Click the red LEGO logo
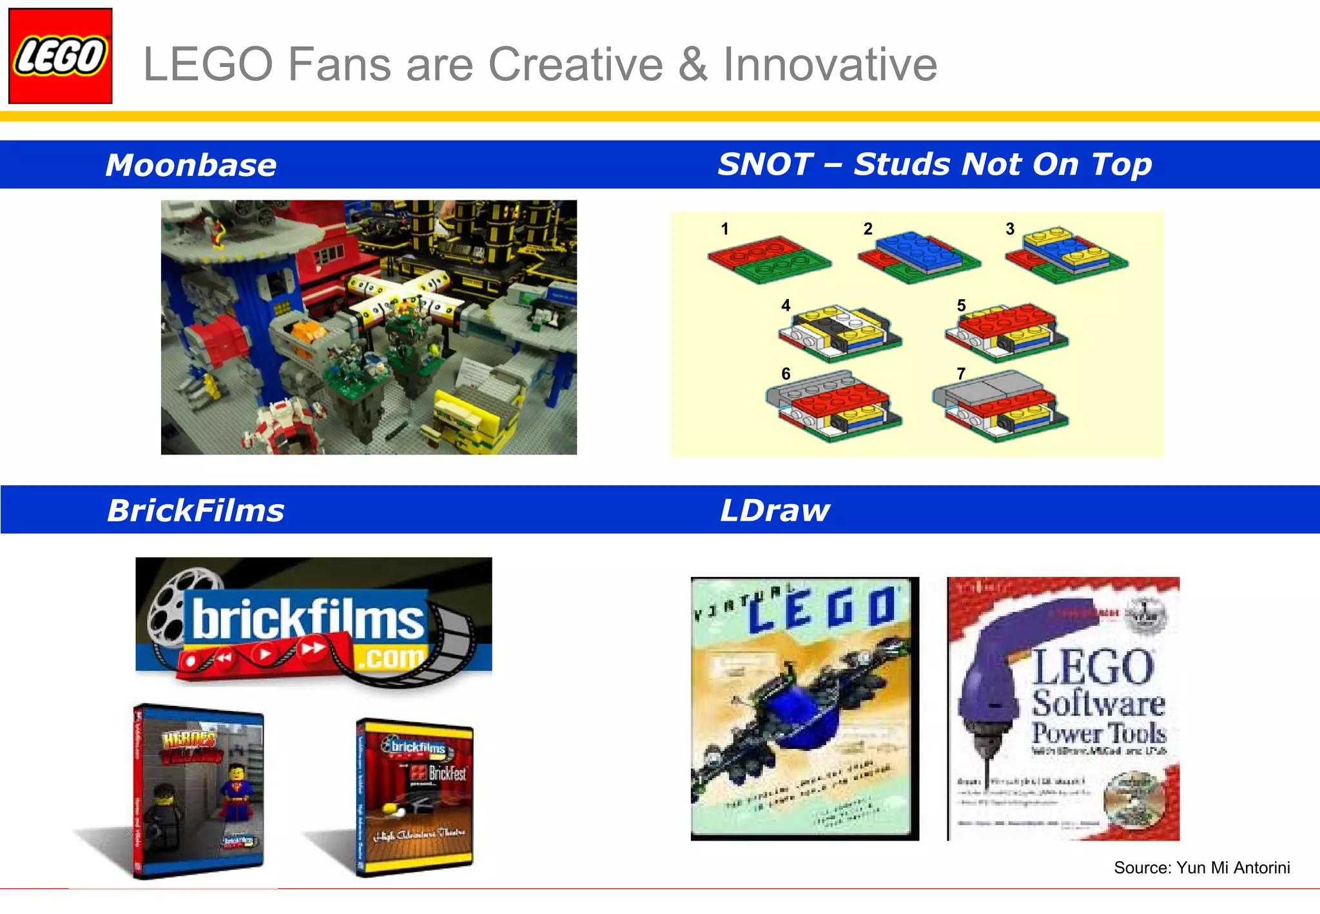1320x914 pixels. tap(61, 56)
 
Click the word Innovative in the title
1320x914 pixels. tap(830, 64)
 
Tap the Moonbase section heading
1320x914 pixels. tap(191, 165)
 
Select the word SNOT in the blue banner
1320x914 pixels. tap(765, 164)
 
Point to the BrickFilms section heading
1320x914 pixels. tap(195, 510)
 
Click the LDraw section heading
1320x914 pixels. tap(775, 510)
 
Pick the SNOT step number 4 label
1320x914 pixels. tap(786, 306)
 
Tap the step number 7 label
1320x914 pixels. tap(961, 374)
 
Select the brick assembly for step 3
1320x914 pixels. tap(1067, 255)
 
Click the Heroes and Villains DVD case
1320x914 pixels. tap(199, 792)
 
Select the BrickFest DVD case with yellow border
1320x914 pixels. tap(414, 797)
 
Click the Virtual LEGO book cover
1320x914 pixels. tap(804, 708)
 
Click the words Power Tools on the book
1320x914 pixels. tap(1098, 733)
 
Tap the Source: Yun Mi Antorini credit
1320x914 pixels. tap(1201, 868)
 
